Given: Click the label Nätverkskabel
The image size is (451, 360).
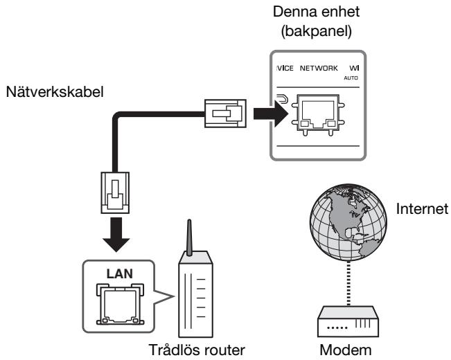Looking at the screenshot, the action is click(x=55, y=92).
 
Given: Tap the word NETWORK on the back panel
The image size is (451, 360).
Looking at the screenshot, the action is click(x=319, y=68).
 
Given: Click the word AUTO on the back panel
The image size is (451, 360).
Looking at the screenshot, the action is click(x=351, y=78).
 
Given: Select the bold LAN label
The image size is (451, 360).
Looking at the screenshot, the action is click(x=120, y=273).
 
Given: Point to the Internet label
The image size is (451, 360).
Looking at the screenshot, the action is click(x=422, y=209).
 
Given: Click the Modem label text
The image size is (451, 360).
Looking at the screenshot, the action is click(x=346, y=350).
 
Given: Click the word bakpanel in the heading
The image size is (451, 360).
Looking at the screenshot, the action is click(x=317, y=31).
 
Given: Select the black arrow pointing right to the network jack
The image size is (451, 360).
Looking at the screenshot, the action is click(x=270, y=114).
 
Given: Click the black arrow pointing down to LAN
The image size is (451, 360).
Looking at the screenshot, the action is click(x=116, y=234).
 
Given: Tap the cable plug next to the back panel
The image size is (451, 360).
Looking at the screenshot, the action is click(x=226, y=114).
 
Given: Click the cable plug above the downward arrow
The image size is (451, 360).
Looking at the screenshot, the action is click(x=115, y=192).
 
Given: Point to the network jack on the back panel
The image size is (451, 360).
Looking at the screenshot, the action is click(x=318, y=114).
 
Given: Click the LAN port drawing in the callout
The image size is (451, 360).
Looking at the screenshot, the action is click(x=120, y=304).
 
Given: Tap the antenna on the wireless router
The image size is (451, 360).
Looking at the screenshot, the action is click(x=189, y=237).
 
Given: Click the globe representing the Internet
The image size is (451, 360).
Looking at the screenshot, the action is click(x=348, y=222).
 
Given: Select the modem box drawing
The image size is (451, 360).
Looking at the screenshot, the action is click(x=348, y=321).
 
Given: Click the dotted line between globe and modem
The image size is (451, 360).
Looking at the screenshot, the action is click(x=348, y=283).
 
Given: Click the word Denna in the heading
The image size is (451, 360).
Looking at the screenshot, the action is click(x=294, y=12).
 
